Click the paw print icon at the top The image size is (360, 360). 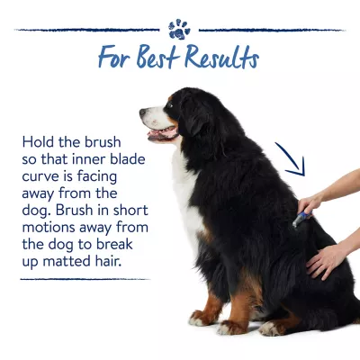[179, 30]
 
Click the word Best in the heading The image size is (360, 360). [157, 56]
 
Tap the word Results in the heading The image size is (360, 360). [221, 57]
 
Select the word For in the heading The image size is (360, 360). [114, 57]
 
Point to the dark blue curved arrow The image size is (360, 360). [292, 160]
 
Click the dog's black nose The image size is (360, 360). [143, 112]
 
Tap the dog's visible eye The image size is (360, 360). [169, 105]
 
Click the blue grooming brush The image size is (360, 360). [301, 219]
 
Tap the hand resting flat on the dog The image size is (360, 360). [326, 261]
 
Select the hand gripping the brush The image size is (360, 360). [310, 204]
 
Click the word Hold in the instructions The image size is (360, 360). [39, 142]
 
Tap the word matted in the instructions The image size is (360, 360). [67, 261]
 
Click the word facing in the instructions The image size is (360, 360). [97, 177]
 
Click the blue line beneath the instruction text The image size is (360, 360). [85, 279]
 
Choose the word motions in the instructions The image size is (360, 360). [49, 228]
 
